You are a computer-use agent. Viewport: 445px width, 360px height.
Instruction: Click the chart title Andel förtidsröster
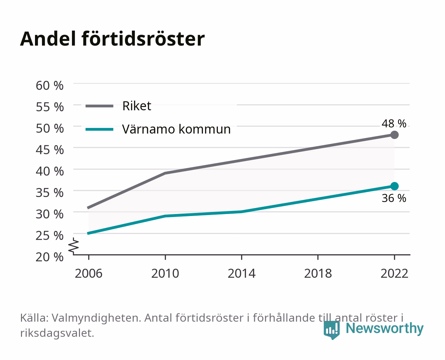point(112,39)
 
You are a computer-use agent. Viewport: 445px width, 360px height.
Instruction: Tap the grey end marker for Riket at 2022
point(394,135)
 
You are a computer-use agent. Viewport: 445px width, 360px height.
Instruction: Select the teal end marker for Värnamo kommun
point(394,186)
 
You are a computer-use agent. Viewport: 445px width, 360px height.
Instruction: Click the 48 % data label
point(394,124)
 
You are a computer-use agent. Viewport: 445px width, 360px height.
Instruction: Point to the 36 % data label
point(394,198)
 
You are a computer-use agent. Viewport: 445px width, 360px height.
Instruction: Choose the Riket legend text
point(137,106)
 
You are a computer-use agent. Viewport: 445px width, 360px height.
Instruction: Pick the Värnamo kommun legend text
point(176,129)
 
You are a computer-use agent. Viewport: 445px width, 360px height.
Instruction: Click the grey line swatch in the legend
point(100,106)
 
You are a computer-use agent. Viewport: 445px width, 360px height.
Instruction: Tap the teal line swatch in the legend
point(100,129)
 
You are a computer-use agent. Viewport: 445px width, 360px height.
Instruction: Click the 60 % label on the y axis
point(50,86)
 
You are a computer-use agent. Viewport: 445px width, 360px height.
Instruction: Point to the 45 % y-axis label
point(50,150)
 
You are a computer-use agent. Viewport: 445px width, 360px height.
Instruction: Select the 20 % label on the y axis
point(50,257)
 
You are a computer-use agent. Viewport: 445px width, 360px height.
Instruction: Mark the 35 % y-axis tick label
point(50,193)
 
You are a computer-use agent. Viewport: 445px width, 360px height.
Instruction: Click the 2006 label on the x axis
point(89,273)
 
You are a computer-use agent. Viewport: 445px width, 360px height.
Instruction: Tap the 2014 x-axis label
point(241,273)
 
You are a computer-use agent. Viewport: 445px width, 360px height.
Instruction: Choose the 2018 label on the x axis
point(318,273)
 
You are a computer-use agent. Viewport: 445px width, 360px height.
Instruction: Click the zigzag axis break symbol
point(74,246)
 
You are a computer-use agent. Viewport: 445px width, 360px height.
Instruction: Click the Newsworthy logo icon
point(331,330)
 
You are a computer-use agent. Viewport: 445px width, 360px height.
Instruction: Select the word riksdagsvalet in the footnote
point(57,333)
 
